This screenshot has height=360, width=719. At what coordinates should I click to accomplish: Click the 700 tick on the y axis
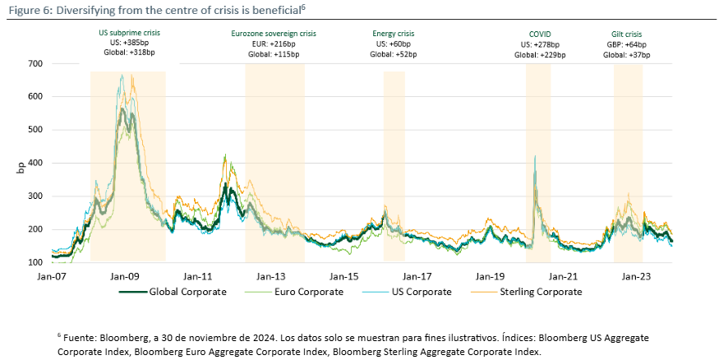(35, 63)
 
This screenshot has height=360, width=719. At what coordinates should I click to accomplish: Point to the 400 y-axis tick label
(35, 163)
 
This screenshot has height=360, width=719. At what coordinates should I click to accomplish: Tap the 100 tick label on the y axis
(35, 261)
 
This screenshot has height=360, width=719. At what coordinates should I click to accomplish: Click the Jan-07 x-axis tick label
(52, 277)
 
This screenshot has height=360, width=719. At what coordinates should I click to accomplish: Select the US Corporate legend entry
(420, 292)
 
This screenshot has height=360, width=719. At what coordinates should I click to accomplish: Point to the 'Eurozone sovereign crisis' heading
(272, 34)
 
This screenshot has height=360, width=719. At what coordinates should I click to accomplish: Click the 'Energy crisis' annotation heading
(394, 34)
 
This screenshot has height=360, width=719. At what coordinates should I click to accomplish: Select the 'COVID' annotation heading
(538, 34)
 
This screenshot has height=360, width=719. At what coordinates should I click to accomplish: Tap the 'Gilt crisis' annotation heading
(627, 34)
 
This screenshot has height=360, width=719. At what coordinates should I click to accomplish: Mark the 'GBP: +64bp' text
(627, 44)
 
